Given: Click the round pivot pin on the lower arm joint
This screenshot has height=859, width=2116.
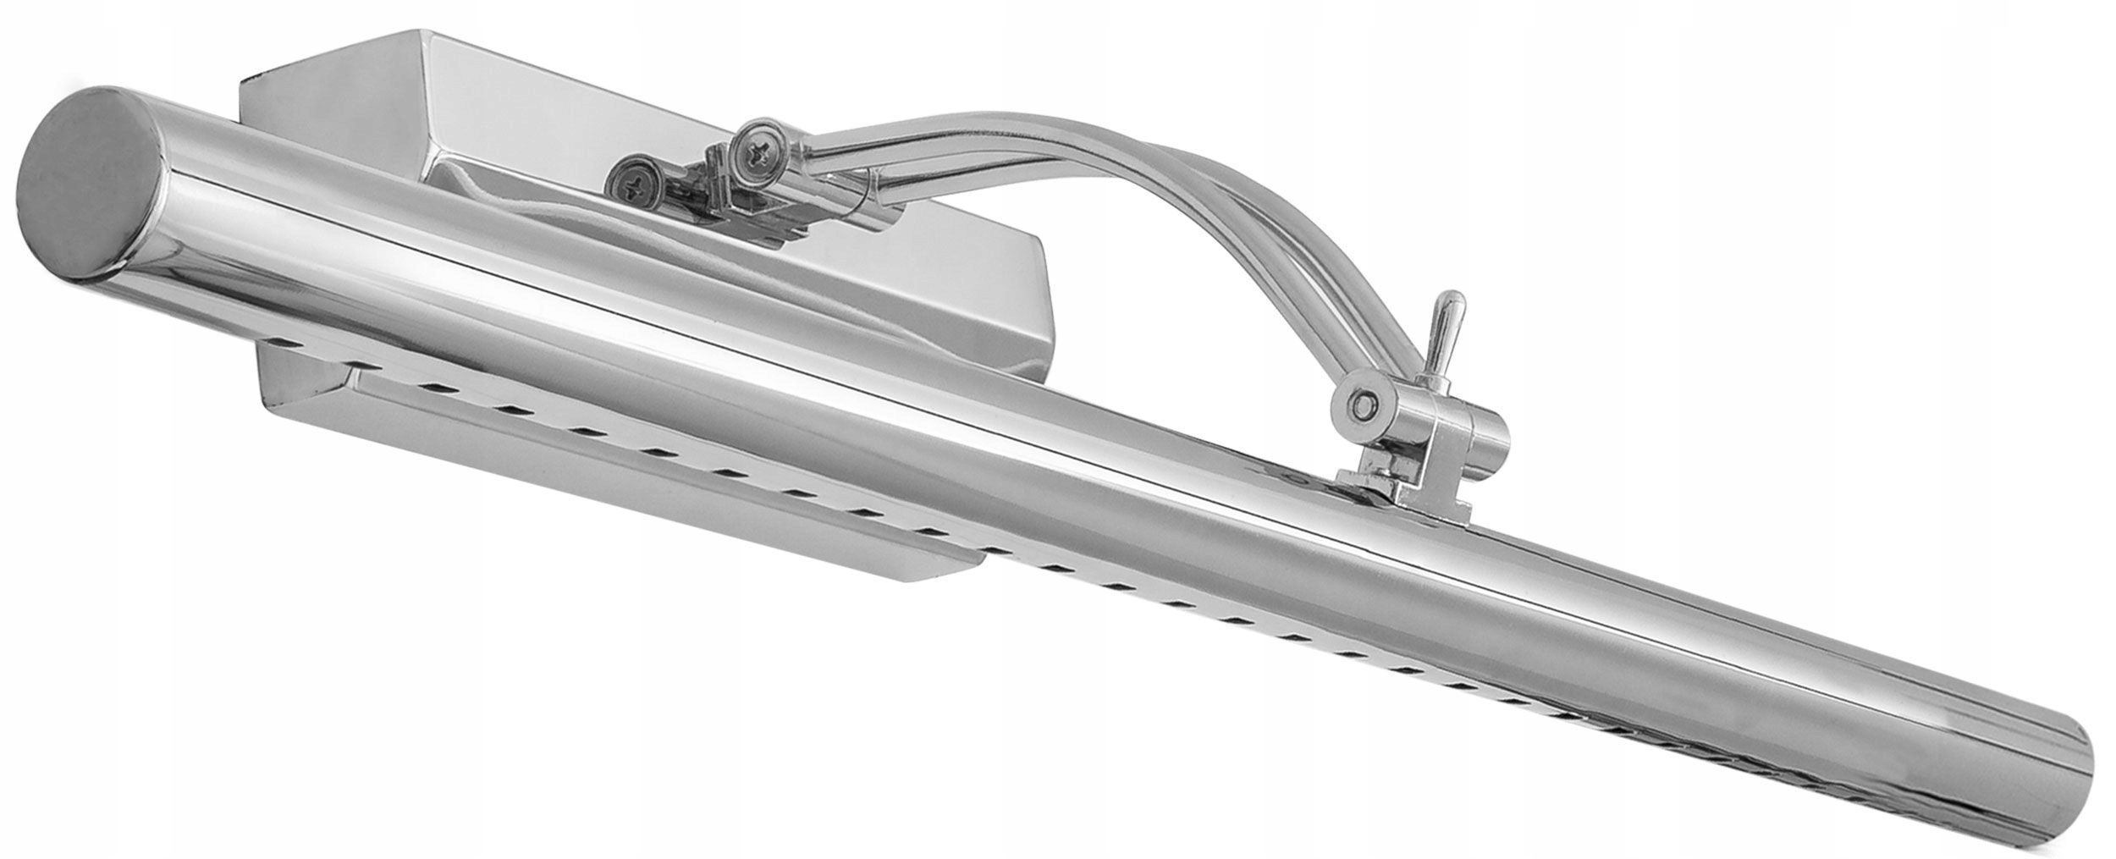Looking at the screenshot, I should (1362, 403).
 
